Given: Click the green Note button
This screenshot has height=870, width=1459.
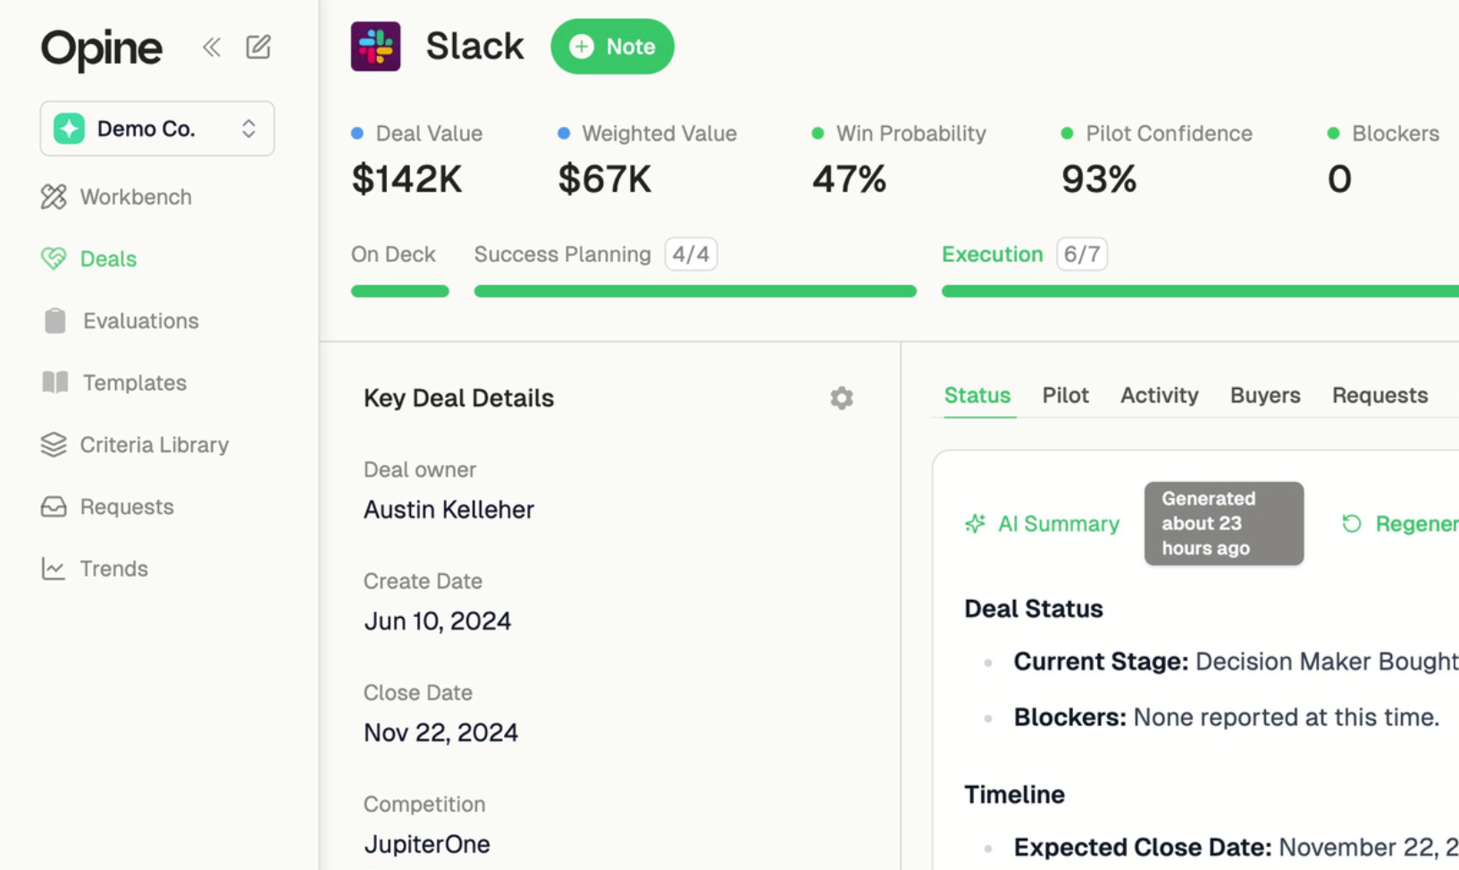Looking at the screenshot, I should [612, 46].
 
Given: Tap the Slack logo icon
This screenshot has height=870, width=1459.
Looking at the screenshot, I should [375, 46].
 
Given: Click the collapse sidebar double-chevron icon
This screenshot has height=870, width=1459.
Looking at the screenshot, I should [212, 46].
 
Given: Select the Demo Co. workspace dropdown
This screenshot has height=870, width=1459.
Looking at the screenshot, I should [157, 129].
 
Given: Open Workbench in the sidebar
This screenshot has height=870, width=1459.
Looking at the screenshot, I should [135, 197].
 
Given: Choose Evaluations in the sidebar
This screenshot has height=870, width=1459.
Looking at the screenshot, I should [140, 321].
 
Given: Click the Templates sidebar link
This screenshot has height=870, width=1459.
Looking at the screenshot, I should [134, 383].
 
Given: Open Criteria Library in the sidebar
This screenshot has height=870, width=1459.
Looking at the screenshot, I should [154, 444].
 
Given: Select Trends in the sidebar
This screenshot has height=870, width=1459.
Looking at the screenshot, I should [113, 569].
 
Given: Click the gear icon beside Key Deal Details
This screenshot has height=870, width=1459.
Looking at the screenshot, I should [842, 398].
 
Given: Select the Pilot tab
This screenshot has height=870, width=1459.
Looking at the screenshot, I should [1065, 395].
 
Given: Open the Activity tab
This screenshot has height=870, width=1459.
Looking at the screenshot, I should [1159, 395].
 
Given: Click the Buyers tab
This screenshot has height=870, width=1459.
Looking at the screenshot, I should [1265, 395].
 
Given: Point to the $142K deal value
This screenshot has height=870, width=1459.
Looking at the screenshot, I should [407, 179].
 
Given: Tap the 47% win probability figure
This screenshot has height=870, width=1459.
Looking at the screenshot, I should [849, 179].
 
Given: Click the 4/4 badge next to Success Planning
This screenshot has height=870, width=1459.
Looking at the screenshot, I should [691, 254].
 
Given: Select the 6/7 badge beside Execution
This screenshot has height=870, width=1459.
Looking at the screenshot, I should [1081, 254].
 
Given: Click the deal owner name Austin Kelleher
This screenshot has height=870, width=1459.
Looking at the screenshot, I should [449, 510].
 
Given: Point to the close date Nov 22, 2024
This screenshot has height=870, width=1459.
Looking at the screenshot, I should [440, 732].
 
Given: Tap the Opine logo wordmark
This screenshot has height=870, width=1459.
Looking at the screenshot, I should [102, 48].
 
